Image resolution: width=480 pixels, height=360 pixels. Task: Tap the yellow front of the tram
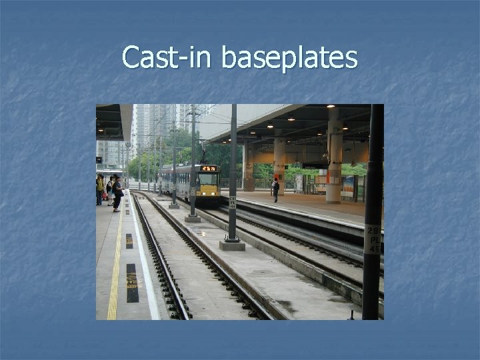[x=209, y=190]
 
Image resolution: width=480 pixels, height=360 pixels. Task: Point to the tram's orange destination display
[x=209, y=169]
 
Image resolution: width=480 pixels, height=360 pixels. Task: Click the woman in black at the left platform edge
[x=117, y=194]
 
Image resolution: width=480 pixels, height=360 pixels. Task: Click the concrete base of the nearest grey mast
[x=232, y=245]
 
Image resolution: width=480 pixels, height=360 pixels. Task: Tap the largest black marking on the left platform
[x=131, y=283]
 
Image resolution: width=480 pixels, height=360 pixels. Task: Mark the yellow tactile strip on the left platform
[x=114, y=267]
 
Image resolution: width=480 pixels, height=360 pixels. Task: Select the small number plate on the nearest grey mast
[x=233, y=201]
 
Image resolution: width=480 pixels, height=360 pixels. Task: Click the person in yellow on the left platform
[x=99, y=189]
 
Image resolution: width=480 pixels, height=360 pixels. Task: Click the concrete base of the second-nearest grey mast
[x=192, y=217]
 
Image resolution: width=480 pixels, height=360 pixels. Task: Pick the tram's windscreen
[x=209, y=179]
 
